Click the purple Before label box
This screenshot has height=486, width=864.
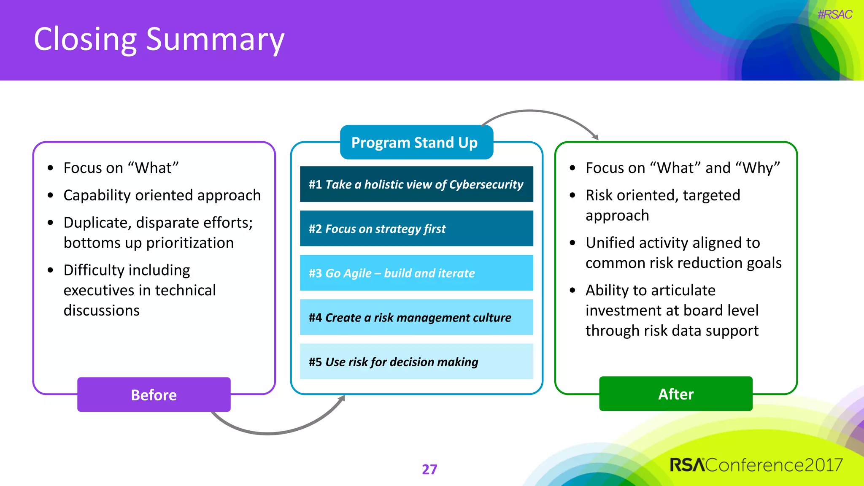pos(154,395)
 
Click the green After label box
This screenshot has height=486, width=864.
pos(675,394)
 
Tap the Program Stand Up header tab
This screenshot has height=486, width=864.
pos(416,143)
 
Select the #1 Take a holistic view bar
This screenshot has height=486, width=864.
pos(416,184)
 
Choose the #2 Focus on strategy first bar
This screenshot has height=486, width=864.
pos(416,229)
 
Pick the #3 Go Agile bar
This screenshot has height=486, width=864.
pos(416,273)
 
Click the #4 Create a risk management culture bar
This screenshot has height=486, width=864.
pos(416,317)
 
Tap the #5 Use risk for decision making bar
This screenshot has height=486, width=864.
pos(416,362)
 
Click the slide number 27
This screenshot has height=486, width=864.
pos(429,469)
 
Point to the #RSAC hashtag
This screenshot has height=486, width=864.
pos(834,14)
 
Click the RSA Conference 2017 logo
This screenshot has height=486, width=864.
pos(756,465)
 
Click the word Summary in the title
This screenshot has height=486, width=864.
pos(215,40)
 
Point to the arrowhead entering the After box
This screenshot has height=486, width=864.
pos(595,137)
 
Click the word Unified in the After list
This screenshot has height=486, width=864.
pos(610,243)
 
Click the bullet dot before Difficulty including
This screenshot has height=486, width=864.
pos(51,270)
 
